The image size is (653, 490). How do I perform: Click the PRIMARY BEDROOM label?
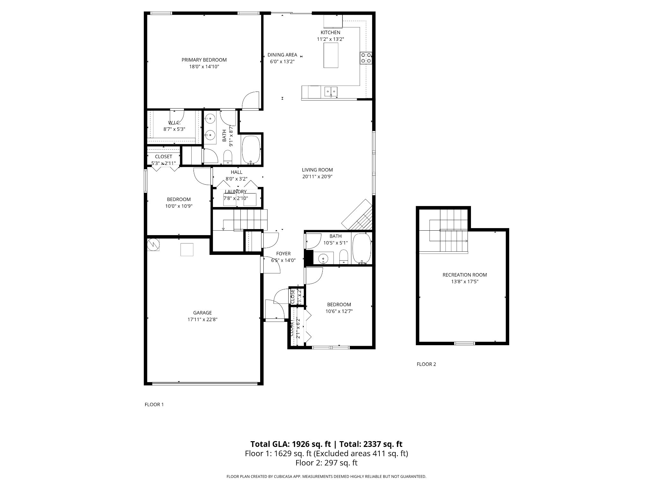204,60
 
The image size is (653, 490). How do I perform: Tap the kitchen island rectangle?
331,55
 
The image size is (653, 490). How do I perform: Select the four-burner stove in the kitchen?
366,58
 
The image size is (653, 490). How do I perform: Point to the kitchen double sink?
331,92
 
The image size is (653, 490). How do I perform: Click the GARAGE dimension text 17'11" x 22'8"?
202,319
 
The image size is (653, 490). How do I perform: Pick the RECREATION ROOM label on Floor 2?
465,275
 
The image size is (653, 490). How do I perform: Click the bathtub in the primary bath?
251,150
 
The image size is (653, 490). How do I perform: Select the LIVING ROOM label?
317,170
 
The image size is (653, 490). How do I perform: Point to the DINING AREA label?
282,55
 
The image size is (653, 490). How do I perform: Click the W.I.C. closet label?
174,123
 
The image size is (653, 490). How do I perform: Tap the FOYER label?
283,254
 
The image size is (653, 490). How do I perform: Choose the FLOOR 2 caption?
426,364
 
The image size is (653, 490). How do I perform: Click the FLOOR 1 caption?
154,405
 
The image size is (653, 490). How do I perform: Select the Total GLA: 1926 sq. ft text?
291,444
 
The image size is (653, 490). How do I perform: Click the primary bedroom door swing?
251,100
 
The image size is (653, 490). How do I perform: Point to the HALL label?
236,172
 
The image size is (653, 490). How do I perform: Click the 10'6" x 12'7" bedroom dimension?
339,311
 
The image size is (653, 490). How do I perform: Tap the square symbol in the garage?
187,249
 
